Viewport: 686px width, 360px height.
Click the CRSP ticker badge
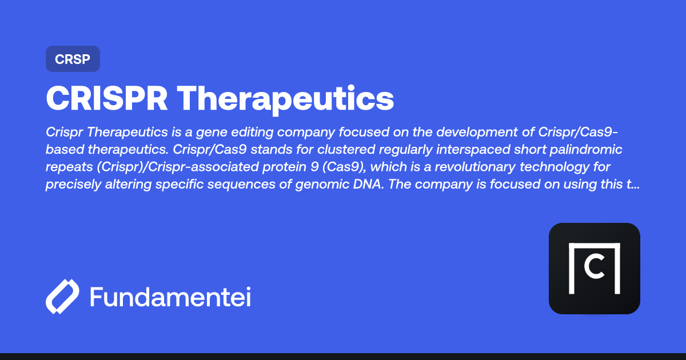point(73,59)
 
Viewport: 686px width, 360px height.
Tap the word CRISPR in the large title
point(107,99)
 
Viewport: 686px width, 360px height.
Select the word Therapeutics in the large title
point(285,99)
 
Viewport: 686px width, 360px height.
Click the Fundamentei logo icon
point(62,297)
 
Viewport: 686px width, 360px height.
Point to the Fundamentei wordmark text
point(170,297)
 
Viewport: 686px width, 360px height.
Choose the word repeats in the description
point(66,168)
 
